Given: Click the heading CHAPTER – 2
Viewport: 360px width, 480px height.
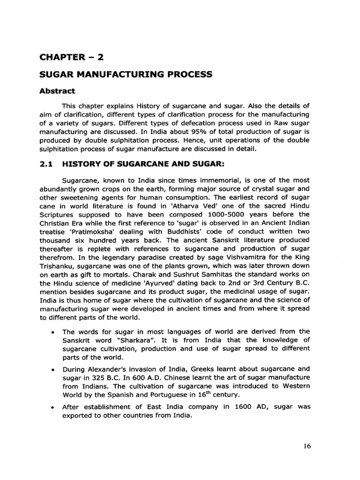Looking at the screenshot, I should [72, 57].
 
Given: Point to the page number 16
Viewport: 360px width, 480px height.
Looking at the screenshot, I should [307, 446].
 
